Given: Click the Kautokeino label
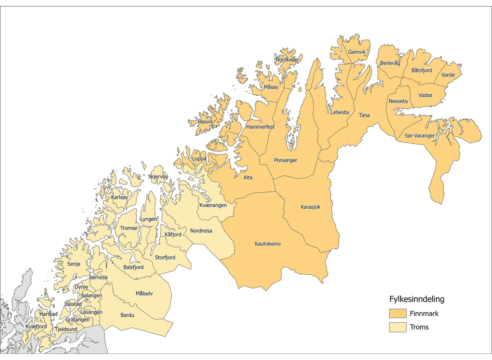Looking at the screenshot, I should [268, 244].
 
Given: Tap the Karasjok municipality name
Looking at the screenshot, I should [310, 207].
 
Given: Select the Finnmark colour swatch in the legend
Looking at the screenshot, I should [397, 314].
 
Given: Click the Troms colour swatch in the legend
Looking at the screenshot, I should [397, 327].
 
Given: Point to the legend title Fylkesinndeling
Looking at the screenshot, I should [417, 299].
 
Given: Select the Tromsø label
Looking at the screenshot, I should [129, 228].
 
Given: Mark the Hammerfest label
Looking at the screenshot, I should [260, 127].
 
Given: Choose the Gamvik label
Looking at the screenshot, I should [356, 52].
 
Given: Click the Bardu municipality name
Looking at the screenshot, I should [127, 315].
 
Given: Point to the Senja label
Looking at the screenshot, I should [74, 264].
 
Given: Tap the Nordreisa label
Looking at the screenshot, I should [201, 231].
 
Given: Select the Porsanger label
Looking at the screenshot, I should [286, 160].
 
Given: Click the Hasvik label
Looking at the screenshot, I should [205, 122].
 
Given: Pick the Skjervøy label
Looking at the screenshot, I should [158, 177].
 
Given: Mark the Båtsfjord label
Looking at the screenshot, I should [421, 71].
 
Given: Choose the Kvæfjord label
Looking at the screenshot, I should [36, 326].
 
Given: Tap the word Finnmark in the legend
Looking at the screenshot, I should [424, 314].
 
